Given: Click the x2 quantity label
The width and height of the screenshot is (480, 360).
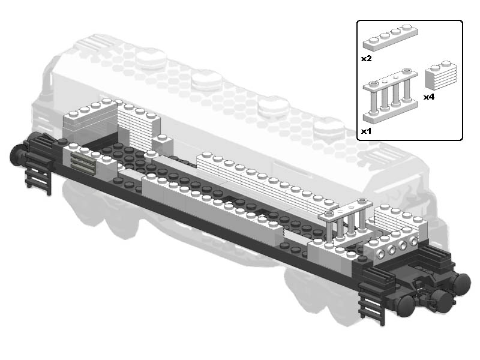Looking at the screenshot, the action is pyautogui.click(x=366, y=58).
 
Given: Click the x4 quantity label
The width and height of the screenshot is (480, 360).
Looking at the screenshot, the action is pyautogui.click(x=429, y=97).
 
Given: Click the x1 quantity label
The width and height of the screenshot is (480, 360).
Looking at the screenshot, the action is pyautogui.click(x=366, y=131).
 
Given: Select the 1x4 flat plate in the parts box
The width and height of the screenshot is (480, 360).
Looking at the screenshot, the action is pyautogui.click(x=391, y=37).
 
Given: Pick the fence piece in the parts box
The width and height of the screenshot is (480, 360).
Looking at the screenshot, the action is pyautogui.click(x=391, y=97).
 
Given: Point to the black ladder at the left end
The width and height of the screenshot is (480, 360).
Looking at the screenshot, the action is pyautogui.click(x=38, y=175).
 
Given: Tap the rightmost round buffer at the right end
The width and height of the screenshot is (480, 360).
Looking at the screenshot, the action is pyautogui.click(x=461, y=283).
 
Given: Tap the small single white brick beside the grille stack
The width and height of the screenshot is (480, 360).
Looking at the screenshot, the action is pyautogui.click(x=162, y=143).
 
